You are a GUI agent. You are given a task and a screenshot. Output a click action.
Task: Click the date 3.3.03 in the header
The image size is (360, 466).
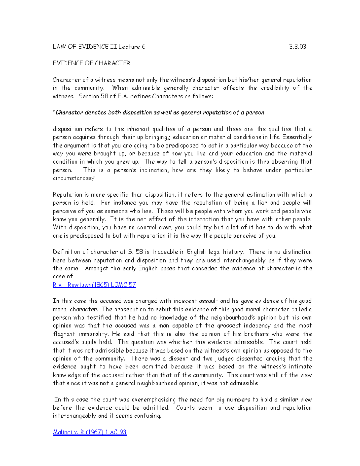(297, 47)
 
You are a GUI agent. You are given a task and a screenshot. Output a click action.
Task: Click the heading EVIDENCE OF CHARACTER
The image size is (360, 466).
(91, 63)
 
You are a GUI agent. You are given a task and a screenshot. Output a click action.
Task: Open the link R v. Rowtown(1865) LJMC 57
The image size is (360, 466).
(94, 285)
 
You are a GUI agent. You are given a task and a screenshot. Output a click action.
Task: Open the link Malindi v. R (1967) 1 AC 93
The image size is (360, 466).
(89, 432)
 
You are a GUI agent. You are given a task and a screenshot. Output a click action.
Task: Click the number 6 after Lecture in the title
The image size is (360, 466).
(144, 47)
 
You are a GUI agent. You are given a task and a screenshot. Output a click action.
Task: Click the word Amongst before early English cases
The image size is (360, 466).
(97, 269)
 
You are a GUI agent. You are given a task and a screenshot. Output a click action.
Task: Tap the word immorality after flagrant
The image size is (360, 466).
(93, 334)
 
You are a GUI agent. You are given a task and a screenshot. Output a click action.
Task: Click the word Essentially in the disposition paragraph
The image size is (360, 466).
(297, 137)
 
